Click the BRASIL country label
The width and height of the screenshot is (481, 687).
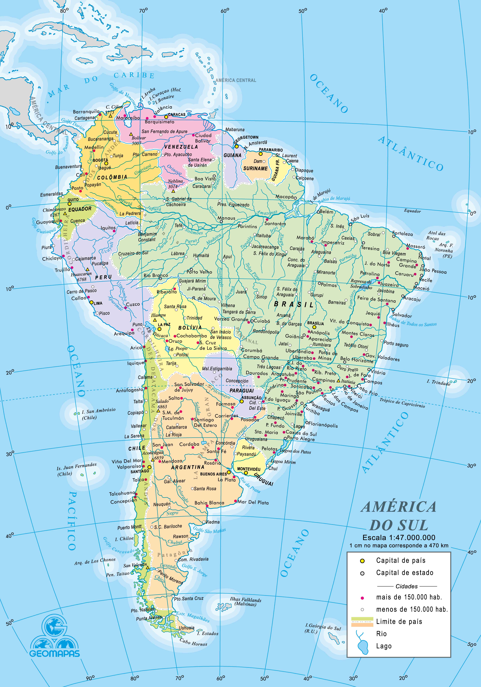pos(294,305)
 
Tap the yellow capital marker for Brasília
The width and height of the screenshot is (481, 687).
pos(314,328)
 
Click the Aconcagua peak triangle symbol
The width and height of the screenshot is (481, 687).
pos(153,459)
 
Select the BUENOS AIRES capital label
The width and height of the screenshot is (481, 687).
pos(213,474)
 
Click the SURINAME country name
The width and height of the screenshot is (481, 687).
pos(255,169)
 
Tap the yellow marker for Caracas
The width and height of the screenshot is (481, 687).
pos(166,117)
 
